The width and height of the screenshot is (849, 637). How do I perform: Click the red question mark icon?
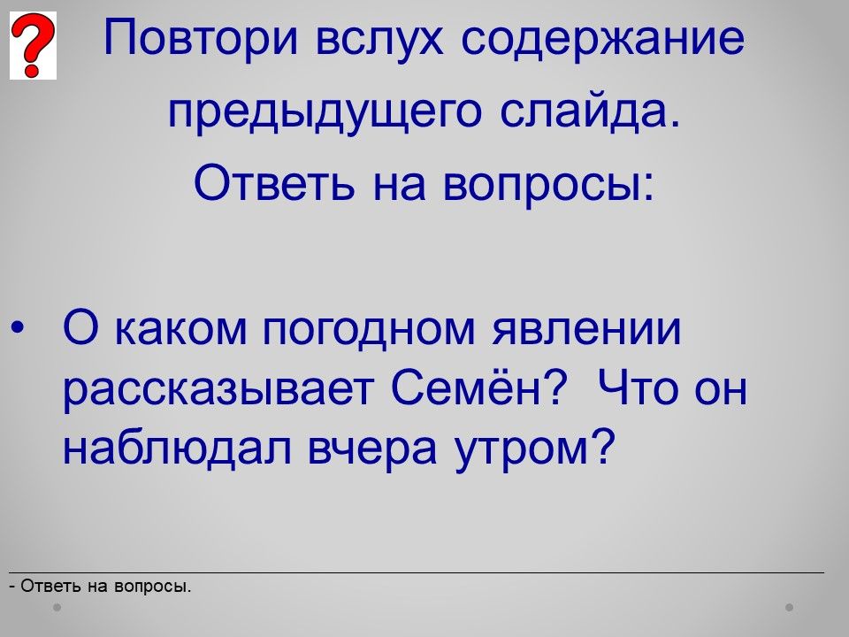point(33,45)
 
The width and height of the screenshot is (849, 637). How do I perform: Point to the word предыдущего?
point(325,112)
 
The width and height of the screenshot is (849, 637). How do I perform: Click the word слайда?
point(590,111)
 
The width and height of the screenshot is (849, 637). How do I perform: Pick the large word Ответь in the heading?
point(274,183)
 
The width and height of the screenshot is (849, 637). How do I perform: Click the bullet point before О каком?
point(17,327)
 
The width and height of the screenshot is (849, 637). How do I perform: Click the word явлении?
point(585,329)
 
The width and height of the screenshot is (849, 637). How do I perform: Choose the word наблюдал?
point(177,448)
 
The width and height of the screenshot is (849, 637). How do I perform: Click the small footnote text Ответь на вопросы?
point(100,586)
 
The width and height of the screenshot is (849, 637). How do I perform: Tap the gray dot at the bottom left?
point(57,607)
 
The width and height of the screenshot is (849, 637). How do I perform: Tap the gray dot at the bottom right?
point(790,607)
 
